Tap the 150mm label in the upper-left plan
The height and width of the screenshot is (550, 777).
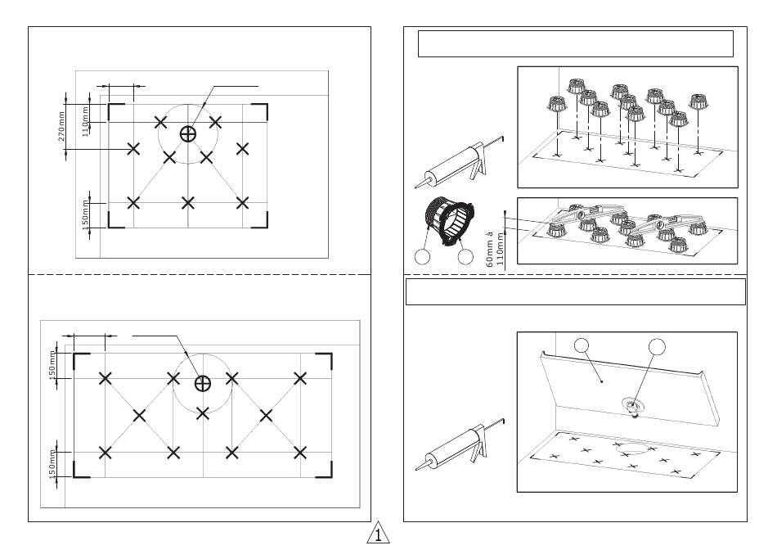(85, 214)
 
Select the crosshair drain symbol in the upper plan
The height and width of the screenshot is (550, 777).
(189, 133)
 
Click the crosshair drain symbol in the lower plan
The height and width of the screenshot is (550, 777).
(203, 383)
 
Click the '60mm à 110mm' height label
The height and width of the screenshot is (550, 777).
(495, 248)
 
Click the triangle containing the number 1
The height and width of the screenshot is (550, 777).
(377, 535)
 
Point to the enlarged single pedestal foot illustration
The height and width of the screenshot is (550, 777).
(446, 220)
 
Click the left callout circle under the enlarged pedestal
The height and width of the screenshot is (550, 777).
(421, 257)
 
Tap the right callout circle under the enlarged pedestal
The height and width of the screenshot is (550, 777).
(465, 257)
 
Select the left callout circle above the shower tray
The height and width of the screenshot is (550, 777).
(582, 345)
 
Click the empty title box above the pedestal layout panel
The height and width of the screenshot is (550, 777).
(575, 43)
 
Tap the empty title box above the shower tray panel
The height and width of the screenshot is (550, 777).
(575, 291)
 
